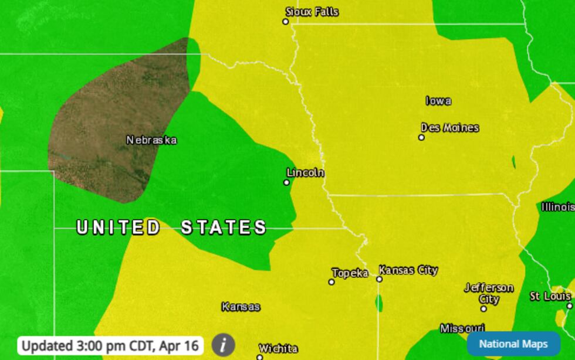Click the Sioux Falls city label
pyautogui.click(x=312, y=12)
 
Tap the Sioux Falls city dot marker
pyautogui.click(x=286, y=22)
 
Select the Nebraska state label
pyautogui.click(x=151, y=140)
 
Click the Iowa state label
pyautogui.click(x=438, y=101)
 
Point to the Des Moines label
pyautogui.click(x=449, y=128)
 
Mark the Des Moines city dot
pyautogui.click(x=421, y=137)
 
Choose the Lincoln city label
pyautogui.click(x=305, y=173)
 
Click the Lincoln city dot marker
pyautogui.click(x=287, y=182)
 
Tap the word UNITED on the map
pyautogui.click(x=118, y=227)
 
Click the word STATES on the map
pyautogui.click(x=224, y=227)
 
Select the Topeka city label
pyautogui.click(x=350, y=273)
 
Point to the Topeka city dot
pyautogui.click(x=332, y=282)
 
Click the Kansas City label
pyautogui.click(x=408, y=270)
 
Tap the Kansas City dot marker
pyautogui.click(x=379, y=279)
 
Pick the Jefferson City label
pyautogui.click(x=489, y=293)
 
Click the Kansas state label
pyautogui.click(x=241, y=307)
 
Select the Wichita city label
pyautogui.click(x=278, y=349)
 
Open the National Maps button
pyautogui.click(x=513, y=344)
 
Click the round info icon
pyautogui.click(x=223, y=345)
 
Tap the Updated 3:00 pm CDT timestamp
pyautogui.click(x=111, y=345)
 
